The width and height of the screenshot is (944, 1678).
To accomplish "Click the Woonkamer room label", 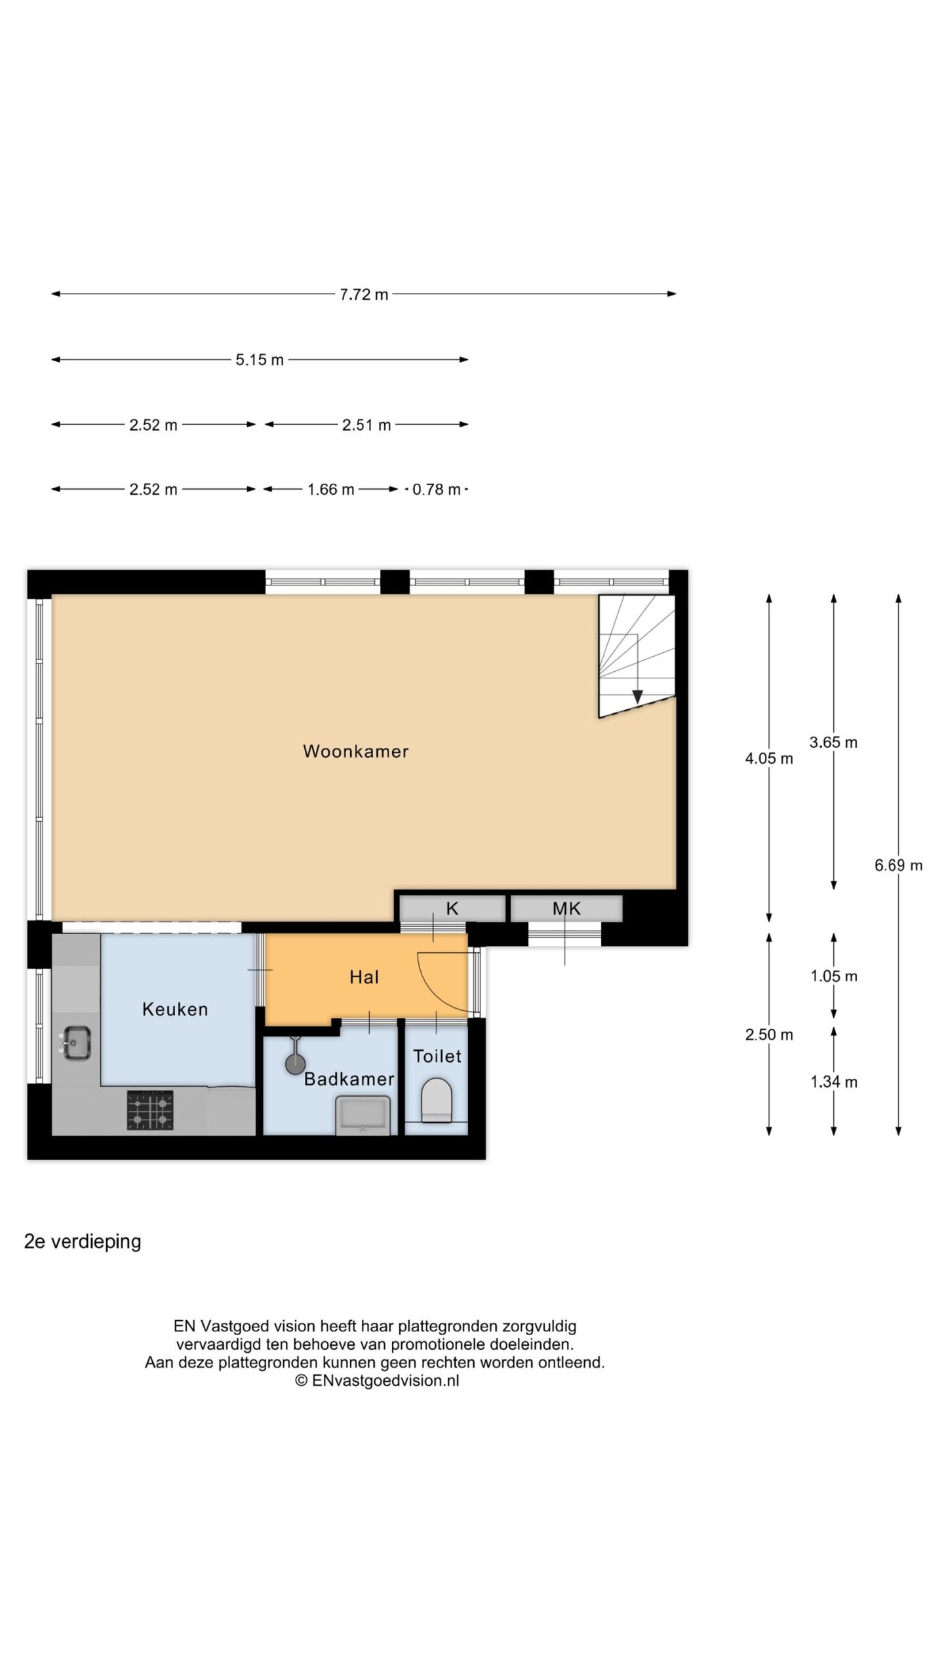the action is (355, 751).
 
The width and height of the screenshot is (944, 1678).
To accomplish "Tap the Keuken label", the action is (175, 1009).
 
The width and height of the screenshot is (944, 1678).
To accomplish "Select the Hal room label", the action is (364, 977).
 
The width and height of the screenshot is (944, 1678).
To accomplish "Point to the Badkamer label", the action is (349, 1079).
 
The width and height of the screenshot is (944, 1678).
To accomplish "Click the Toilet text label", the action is (437, 1056).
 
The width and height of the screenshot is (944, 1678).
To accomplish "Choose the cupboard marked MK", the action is (566, 908).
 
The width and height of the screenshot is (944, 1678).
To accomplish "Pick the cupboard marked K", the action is (452, 908).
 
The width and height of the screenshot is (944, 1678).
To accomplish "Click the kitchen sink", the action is (77, 1043).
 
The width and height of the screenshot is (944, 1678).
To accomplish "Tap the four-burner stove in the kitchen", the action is (150, 1110).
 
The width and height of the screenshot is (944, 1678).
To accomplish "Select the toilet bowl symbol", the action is (437, 1101).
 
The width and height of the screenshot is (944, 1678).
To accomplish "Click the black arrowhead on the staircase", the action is (637, 697).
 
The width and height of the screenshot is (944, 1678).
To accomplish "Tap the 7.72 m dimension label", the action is (364, 294).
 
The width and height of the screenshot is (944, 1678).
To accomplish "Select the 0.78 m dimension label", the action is (436, 490).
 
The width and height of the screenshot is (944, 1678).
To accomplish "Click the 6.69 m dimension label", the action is (898, 865).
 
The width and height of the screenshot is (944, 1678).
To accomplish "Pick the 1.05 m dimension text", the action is (834, 976).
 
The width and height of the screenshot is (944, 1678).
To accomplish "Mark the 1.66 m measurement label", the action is (331, 490).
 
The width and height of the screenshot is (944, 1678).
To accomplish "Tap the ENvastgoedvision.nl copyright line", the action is (377, 1380).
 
